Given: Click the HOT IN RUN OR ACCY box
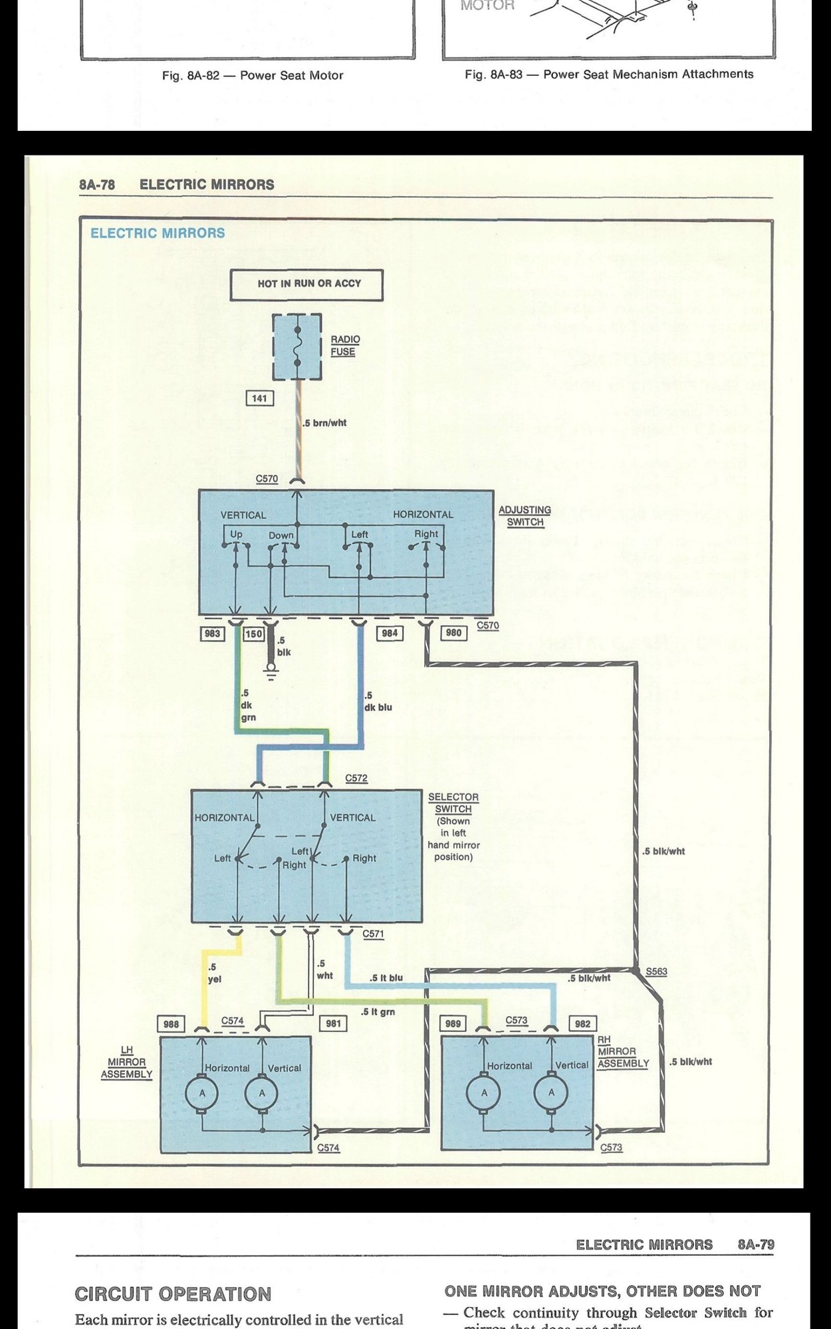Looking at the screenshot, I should pos(306,284).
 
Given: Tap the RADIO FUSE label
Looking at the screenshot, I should pos(344,346).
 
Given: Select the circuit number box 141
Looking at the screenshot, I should pos(259,399).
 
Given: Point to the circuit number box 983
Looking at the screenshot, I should pos(212,633).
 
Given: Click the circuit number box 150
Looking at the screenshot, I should pos(254,634).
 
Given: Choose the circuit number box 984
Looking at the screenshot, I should pos(390,633).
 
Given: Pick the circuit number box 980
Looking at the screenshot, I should pos(453,633).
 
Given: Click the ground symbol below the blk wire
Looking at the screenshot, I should pos(271,676).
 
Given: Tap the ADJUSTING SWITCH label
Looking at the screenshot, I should pos(525,516).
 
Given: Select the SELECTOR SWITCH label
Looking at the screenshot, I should pos(453,803).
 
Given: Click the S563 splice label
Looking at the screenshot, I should pos(657,971).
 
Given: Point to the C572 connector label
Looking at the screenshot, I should pos(356,778).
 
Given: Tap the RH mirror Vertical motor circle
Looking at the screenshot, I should pos(551,1092).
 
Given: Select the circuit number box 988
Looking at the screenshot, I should pos(171,1024).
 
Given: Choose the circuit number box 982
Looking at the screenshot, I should pos(583,1024).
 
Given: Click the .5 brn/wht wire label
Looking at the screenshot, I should pos(324,423).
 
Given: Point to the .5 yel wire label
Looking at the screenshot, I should pos(215,973).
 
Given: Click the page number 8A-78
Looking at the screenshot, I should pos(97,185).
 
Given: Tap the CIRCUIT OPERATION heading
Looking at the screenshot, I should pos(173,1294).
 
